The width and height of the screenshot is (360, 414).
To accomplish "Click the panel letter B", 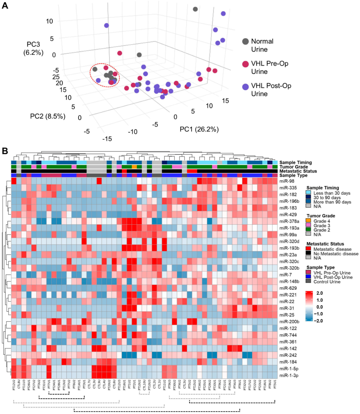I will (x=5, y=150).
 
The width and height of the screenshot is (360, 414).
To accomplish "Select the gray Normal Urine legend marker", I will (x=245, y=41).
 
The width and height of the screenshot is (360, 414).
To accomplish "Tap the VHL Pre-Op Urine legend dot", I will (x=245, y=64).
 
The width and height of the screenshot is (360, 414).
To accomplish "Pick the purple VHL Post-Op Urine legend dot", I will (x=245, y=87).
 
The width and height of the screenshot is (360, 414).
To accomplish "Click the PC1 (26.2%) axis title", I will (x=199, y=129).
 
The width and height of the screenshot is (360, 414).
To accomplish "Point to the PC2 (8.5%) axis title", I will (x=48, y=116).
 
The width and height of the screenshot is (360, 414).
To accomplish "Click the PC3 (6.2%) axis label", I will (x=33, y=48).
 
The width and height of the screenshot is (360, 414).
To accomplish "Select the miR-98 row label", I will (x=287, y=181).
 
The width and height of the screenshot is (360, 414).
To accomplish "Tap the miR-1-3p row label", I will (x=289, y=375).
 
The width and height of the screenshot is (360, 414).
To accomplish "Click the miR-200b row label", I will (x=289, y=322).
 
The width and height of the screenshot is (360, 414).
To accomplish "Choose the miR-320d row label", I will (x=289, y=241).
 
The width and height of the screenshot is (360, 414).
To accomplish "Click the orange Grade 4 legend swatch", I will (x=308, y=221).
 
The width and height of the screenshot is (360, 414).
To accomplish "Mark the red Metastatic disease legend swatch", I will (x=308, y=249).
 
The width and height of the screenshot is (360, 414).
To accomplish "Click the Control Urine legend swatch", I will (x=308, y=282).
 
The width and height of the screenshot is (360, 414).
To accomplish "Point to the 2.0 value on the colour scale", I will (x=320, y=293).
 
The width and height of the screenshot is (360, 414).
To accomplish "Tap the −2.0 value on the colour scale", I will (x=319, y=321).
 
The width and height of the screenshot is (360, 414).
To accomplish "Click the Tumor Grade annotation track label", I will (x=293, y=167).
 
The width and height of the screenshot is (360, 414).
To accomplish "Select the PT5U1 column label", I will (x=275, y=385).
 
